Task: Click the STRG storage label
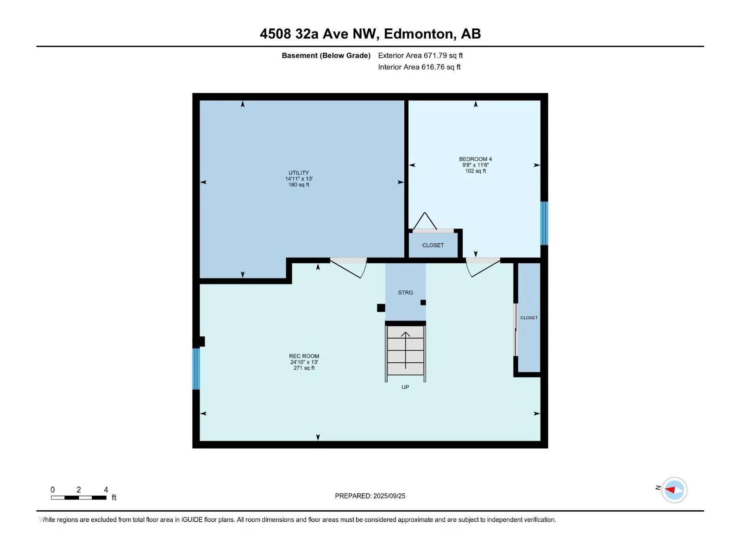[405, 293]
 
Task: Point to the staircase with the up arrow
[405, 351]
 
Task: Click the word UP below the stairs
[405, 387]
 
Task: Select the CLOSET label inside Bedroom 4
[433, 246]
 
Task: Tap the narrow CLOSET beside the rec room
[529, 318]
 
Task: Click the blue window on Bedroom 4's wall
[544, 223]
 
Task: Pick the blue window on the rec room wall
[196, 369]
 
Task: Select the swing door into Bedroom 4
[483, 267]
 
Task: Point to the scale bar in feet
[79, 497]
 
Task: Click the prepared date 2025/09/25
[370, 496]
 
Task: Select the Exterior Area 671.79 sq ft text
[420, 56]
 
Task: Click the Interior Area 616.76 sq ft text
[419, 67]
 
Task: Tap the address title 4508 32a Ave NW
[370, 34]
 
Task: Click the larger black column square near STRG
[381, 308]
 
